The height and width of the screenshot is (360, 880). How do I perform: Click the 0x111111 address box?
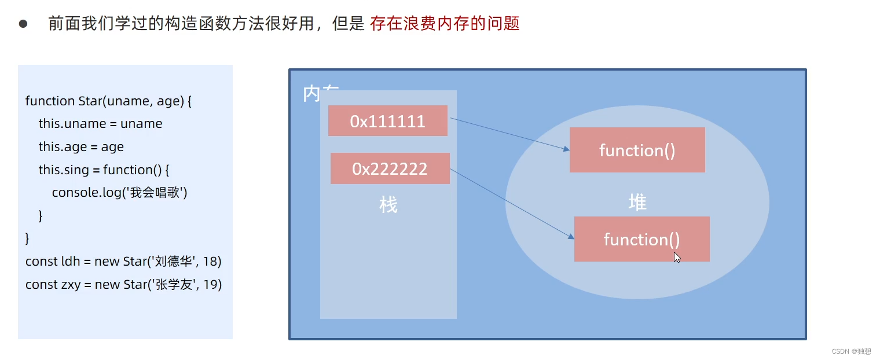point(387,121)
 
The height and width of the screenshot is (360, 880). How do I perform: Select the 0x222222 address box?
point(390,168)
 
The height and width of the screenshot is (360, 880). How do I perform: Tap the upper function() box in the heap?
point(637,150)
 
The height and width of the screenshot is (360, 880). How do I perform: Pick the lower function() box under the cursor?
point(641,239)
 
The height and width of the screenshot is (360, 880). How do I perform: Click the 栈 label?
point(388,205)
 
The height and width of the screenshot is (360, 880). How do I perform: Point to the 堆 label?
point(637,202)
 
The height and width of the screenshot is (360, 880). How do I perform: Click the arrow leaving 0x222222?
point(512,204)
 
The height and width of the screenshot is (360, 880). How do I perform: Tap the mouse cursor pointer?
point(677,257)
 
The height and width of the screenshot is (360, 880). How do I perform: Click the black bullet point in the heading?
point(23,24)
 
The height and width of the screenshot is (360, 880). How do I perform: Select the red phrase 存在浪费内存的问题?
point(444,24)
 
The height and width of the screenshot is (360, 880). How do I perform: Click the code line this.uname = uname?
point(100,124)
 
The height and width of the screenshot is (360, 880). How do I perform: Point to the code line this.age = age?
point(81,147)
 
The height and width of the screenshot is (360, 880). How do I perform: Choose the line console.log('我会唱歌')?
point(120,193)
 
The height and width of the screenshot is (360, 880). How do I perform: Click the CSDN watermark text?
point(851,351)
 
